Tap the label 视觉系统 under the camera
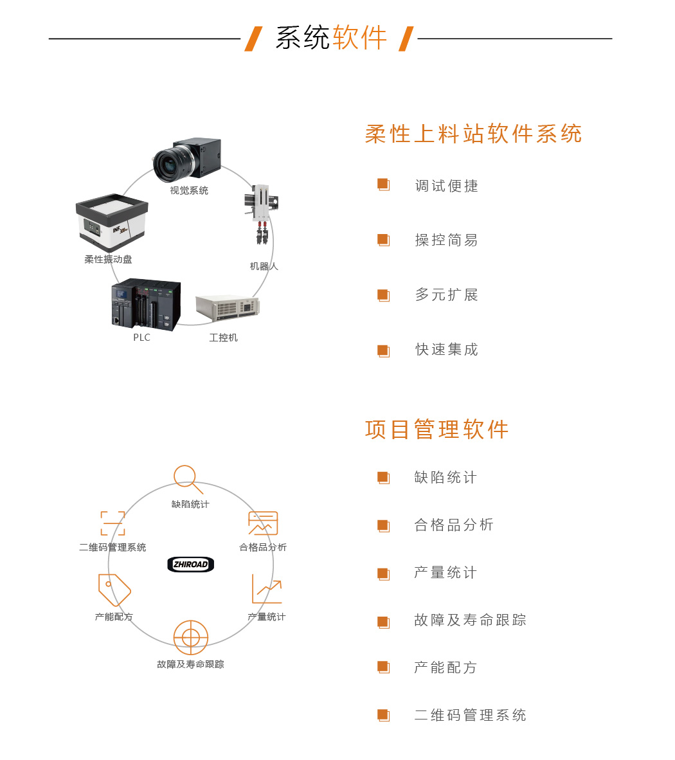point(189,190)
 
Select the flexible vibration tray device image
point(112,222)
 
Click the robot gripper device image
point(262,214)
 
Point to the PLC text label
point(141,338)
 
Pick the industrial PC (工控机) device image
point(228,307)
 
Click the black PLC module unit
point(146,304)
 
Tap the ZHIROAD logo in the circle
point(190,564)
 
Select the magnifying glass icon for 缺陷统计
point(187,479)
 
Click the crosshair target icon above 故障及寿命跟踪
point(190,637)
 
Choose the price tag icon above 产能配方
point(114,590)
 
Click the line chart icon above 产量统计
point(267,589)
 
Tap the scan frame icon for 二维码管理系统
point(113,523)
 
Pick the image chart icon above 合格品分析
point(263,523)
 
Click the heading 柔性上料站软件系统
point(473,134)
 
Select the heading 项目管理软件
point(437,430)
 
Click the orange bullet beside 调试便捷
point(383,185)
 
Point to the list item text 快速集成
point(446,350)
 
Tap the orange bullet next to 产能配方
point(383,667)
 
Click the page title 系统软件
point(332,38)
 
